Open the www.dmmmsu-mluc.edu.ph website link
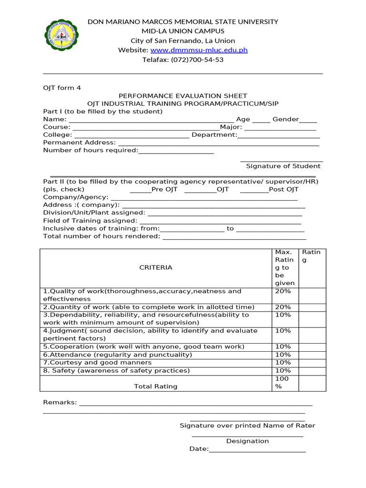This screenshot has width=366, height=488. (199, 50)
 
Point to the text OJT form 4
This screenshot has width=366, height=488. (62, 88)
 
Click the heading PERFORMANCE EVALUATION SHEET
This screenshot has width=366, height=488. (183, 96)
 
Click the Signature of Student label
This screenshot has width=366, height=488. (283, 166)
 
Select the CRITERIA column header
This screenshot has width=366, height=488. (155, 267)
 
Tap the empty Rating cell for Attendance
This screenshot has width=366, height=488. (312, 355)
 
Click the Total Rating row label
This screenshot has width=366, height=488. (155, 386)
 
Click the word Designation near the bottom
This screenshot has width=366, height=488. (247, 441)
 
